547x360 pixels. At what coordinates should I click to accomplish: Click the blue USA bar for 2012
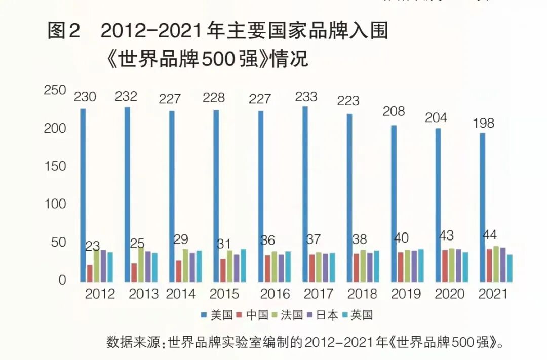click(83, 195)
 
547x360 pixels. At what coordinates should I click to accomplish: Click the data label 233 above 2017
click(306, 96)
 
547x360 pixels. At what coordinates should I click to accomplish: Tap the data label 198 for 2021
click(483, 123)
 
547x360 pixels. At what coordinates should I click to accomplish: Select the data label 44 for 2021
click(490, 235)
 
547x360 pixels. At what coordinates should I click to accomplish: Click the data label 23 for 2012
click(92, 246)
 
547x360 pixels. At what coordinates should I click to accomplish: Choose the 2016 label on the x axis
click(275, 294)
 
